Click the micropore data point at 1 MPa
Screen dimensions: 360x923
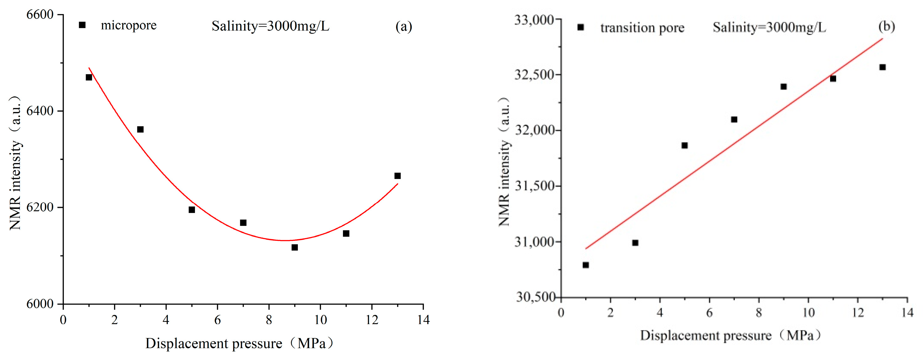[x=89, y=77]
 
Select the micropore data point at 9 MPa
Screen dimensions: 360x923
[x=294, y=248]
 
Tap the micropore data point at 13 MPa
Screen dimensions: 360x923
[x=397, y=176]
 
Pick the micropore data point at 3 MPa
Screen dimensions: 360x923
[x=140, y=129]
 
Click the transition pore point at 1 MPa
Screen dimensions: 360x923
[x=586, y=265]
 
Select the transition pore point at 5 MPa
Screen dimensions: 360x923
[x=685, y=145]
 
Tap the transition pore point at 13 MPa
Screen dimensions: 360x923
[x=882, y=67]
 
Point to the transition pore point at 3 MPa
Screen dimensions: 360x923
[x=635, y=243]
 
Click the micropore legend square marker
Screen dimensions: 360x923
[x=82, y=25]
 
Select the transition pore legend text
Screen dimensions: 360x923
[x=642, y=28]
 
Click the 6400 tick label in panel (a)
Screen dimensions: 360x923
[x=40, y=111]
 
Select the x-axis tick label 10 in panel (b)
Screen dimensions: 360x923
[x=808, y=313]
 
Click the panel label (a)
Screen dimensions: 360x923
[x=404, y=26]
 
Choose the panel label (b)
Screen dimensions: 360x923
[x=886, y=26]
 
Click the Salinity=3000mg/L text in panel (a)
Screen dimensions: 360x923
[x=270, y=26]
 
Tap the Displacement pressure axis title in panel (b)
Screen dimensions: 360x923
[x=731, y=336]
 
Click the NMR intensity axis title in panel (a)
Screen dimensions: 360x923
[x=15, y=163]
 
